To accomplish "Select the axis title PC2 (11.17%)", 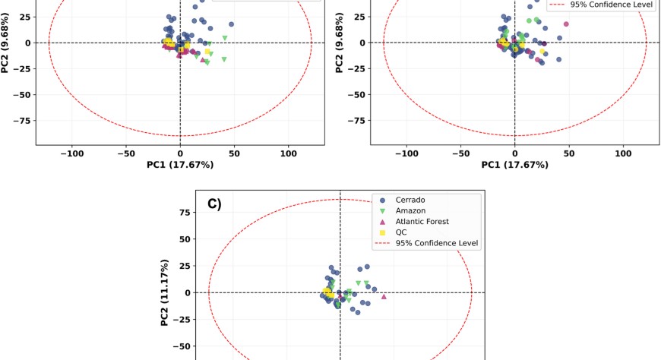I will tap(165, 292).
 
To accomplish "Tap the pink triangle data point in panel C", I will tap(384, 297).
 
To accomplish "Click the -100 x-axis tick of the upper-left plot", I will tap(72, 153).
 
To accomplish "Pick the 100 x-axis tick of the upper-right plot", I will tap(623, 153).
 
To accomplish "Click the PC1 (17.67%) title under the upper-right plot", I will tap(514, 165).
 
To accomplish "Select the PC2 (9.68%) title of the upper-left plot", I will tap(6, 43).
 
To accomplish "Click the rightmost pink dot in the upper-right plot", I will tap(566, 24).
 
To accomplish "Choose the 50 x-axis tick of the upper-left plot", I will tap(234, 153).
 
